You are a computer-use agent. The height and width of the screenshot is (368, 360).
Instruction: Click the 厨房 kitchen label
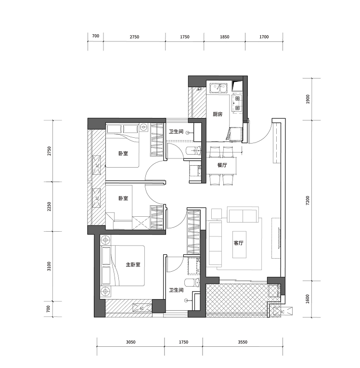pyautogui.click(x=218, y=114)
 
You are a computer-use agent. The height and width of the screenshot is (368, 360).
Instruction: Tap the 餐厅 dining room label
pyautogui.click(x=222, y=165)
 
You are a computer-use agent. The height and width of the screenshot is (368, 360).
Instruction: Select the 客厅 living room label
pyautogui.click(x=239, y=243)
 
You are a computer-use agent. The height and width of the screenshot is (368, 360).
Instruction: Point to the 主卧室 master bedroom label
pyautogui.click(x=133, y=264)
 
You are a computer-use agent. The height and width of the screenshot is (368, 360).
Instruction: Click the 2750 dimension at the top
pyautogui.click(x=134, y=37)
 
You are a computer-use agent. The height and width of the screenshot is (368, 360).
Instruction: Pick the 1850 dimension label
pyautogui.click(x=224, y=37)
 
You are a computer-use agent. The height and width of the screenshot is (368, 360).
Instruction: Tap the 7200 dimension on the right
pyautogui.click(x=308, y=200)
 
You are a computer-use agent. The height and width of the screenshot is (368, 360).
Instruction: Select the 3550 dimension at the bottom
pyautogui.click(x=243, y=342)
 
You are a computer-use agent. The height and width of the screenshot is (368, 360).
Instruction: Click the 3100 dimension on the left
pyautogui.click(x=49, y=266)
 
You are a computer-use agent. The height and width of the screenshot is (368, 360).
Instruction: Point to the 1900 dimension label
pyautogui.click(x=308, y=99)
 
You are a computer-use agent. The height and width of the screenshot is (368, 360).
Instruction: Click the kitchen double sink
pyautogui.click(x=219, y=88)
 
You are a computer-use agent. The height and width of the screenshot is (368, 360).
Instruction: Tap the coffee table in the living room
pyautogui.click(x=240, y=245)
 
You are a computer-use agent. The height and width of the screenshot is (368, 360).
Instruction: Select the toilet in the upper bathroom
pyautogui.click(x=194, y=150)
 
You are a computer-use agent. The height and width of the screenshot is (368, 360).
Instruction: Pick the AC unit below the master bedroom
pyautogui.click(x=141, y=308)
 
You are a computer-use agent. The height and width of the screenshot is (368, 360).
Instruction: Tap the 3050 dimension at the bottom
pyautogui.click(x=130, y=342)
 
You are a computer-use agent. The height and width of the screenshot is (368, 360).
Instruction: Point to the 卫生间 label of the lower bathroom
pyautogui.click(x=176, y=290)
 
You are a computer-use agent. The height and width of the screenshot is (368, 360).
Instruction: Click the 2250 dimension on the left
pyautogui.click(x=49, y=207)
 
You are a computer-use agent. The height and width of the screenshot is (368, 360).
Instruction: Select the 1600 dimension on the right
pyautogui.click(x=308, y=299)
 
